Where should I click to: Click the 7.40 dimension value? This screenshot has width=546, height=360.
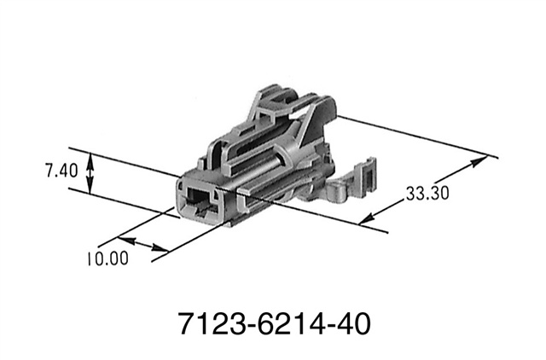pyautogui.click(x=61, y=171)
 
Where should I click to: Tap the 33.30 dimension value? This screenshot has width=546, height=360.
pyautogui.click(x=427, y=194)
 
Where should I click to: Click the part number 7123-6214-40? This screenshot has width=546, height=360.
pyautogui.click(x=273, y=324)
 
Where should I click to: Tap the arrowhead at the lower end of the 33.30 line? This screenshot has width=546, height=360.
pyautogui.click(x=365, y=221)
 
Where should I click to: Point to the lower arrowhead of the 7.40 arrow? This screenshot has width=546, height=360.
pyautogui.click(x=92, y=192)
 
